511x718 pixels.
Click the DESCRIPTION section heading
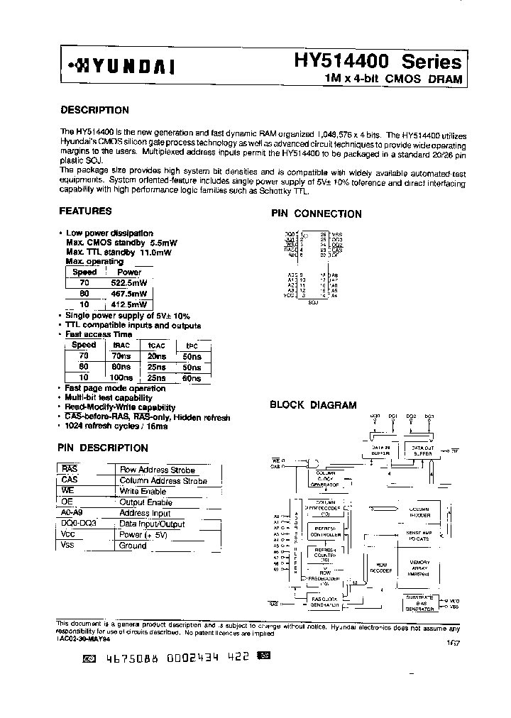coord(94,110)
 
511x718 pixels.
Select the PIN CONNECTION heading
coord(316,214)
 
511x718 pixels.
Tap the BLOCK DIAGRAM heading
coord(313,405)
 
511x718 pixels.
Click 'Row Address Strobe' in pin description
coord(157,470)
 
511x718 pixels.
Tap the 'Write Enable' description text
coord(143,491)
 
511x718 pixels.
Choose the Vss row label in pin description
coord(69,546)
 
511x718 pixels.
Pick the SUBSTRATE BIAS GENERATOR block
coord(419,604)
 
